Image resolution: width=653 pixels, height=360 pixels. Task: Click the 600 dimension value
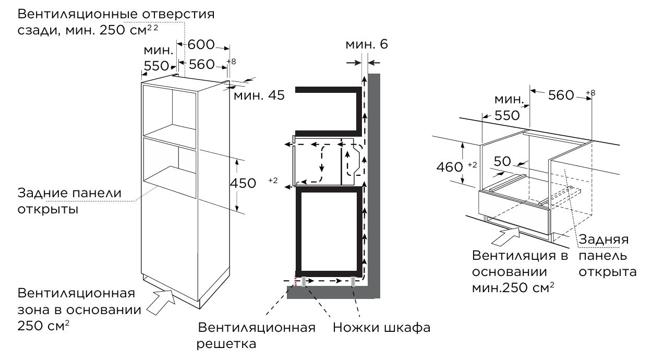tap(201, 44)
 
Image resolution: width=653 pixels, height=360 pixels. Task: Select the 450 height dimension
tap(243, 183)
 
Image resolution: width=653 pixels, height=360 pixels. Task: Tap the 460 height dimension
tap(450, 167)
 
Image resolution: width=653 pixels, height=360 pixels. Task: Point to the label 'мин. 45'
tap(259, 95)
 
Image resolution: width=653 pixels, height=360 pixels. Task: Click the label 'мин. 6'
tap(367, 44)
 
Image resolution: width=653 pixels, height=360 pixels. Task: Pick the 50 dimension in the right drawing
tap(502, 161)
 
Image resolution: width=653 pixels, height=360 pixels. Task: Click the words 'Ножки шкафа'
tap(382, 328)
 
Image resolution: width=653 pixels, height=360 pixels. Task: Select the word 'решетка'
tap(226, 344)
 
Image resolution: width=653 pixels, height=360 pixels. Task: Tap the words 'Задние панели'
tap(69, 193)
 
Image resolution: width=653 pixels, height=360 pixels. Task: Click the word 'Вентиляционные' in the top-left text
tap(78, 14)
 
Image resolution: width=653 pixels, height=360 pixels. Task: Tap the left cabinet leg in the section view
tap(304, 282)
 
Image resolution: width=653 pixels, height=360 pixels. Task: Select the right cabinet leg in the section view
tap(353, 282)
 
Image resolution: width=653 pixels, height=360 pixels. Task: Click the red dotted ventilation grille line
tap(296, 281)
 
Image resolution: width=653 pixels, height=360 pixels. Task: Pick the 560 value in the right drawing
tap(561, 95)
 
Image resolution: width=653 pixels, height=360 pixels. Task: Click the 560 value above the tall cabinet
tap(202, 64)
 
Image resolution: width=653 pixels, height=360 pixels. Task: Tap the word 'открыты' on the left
tap(48, 210)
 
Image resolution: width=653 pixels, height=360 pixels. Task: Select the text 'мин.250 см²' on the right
tap(513, 287)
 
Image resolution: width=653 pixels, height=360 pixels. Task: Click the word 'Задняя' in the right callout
tap(603, 240)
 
